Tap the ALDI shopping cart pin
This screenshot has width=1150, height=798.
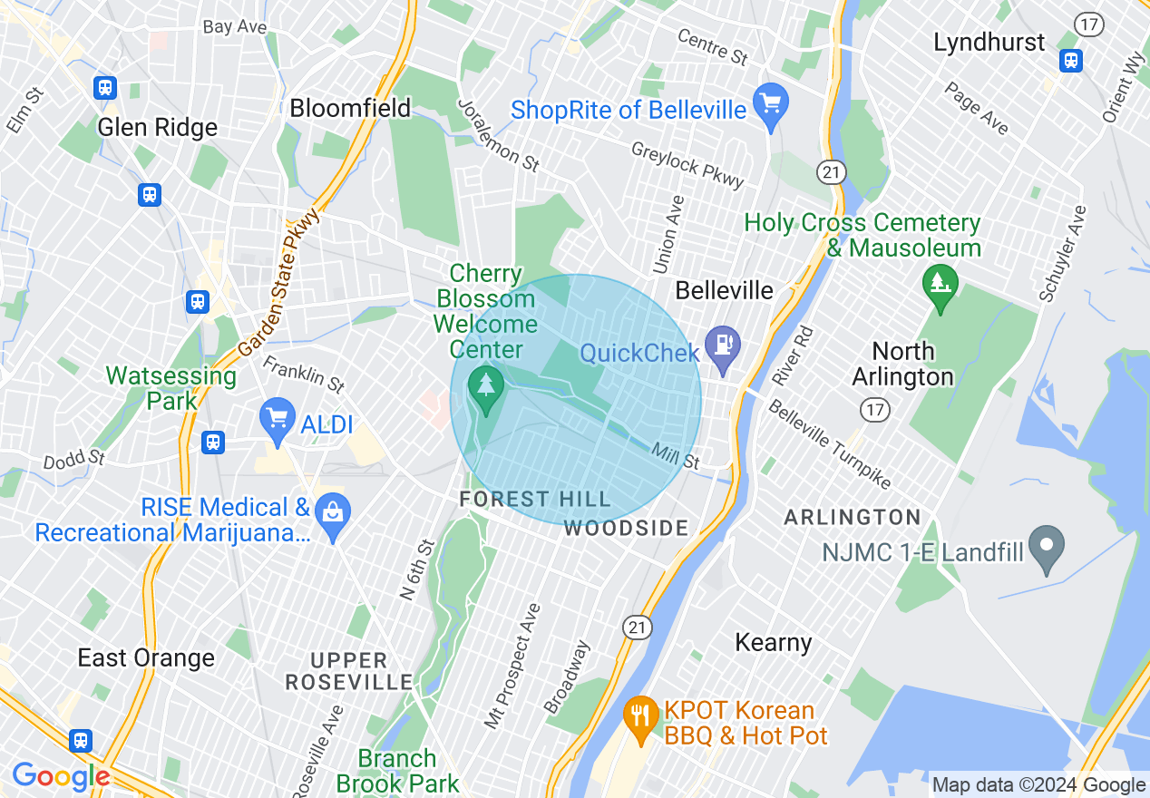click(x=278, y=418)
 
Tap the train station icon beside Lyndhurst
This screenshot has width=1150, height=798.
click(x=1071, y=60)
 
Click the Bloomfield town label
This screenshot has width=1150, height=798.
click(x=350, y=109)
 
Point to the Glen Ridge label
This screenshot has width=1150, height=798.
click(x=158, y=128)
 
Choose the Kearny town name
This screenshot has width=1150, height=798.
click(x=773, y=642)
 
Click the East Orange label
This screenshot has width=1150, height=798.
click(x=146, y=657)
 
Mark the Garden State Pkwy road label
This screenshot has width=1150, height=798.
click(x=280, y=282)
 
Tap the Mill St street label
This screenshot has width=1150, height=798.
click(x=676, y=455)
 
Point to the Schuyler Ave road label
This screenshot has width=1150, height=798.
click(x=1063, y=254)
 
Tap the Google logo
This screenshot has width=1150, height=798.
click(x=61, y=777)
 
